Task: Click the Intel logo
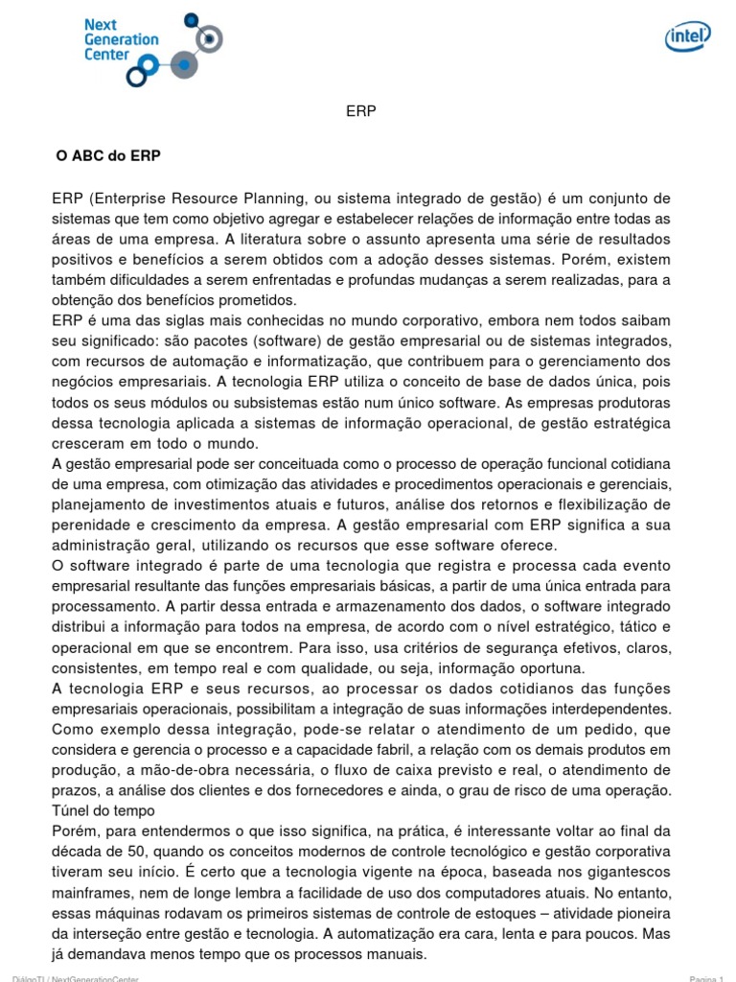pos(688,36)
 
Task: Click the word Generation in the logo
pos(122,39)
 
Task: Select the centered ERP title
pos(361,111)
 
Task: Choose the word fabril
pos(380,749)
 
